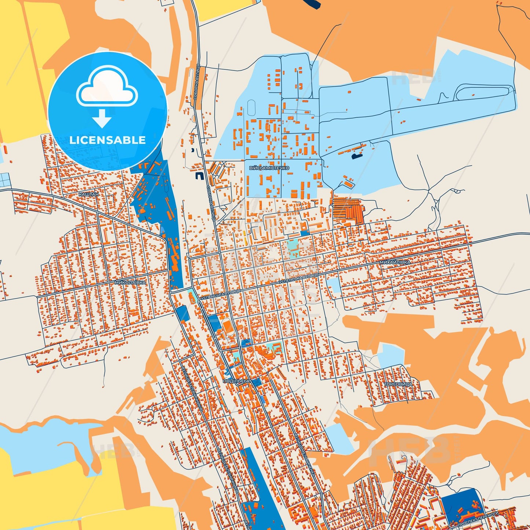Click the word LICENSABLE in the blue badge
click(x=107, y=140)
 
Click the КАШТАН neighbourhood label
click(x=88, y=194)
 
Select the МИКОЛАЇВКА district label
click(x=130, y=283)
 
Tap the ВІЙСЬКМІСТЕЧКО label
click(x=269, y=168)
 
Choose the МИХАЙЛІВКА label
click(x=395, y=263)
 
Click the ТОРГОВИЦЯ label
click(x=398, y=384)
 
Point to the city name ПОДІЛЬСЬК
click(x=236, y=381)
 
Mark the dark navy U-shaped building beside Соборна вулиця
click(x=198, y=176)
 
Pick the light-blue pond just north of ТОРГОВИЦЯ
click(x=391, y=355)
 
